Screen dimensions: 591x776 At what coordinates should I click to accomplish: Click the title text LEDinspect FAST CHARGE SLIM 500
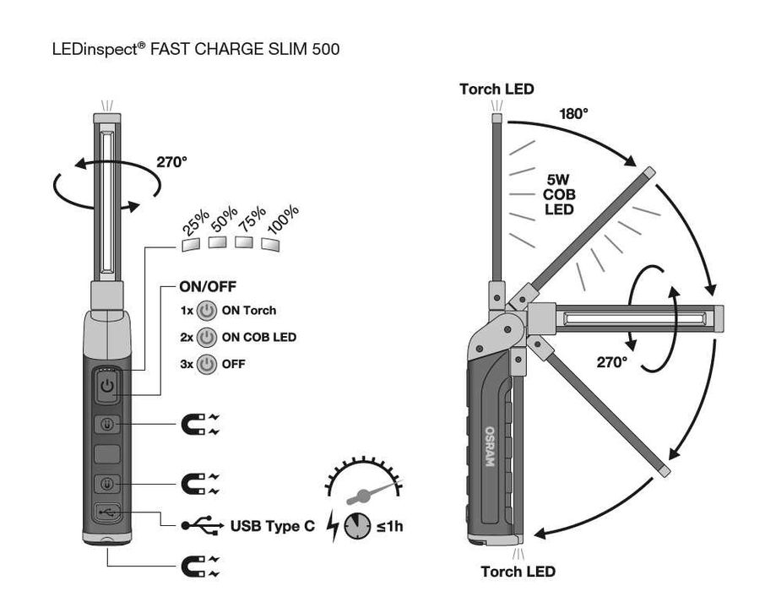(196, 50)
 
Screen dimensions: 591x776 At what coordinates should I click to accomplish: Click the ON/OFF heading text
(208, 286)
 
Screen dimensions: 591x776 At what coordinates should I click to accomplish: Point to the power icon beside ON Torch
(207, 311)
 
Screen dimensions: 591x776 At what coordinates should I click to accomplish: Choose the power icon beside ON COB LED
(207, 338)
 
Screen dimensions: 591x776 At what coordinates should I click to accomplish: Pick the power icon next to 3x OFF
(207, 364)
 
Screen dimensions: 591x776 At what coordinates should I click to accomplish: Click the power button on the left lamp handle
(106, 388)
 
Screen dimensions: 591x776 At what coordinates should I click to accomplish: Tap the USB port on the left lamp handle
(107, 511)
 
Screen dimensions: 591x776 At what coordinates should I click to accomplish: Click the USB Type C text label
(272, 526)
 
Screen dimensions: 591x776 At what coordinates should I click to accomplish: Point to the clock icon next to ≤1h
(357, 526)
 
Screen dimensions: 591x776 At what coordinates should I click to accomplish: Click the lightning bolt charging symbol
(333, 526)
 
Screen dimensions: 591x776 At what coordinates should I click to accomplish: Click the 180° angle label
(573, 114)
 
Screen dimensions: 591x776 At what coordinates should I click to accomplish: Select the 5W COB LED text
(558, 193)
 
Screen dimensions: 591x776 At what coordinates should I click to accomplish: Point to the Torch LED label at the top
(497, 89)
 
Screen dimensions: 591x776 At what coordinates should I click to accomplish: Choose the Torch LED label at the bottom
(518, 572)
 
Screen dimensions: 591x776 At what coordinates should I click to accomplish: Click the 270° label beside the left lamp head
(171, 162)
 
